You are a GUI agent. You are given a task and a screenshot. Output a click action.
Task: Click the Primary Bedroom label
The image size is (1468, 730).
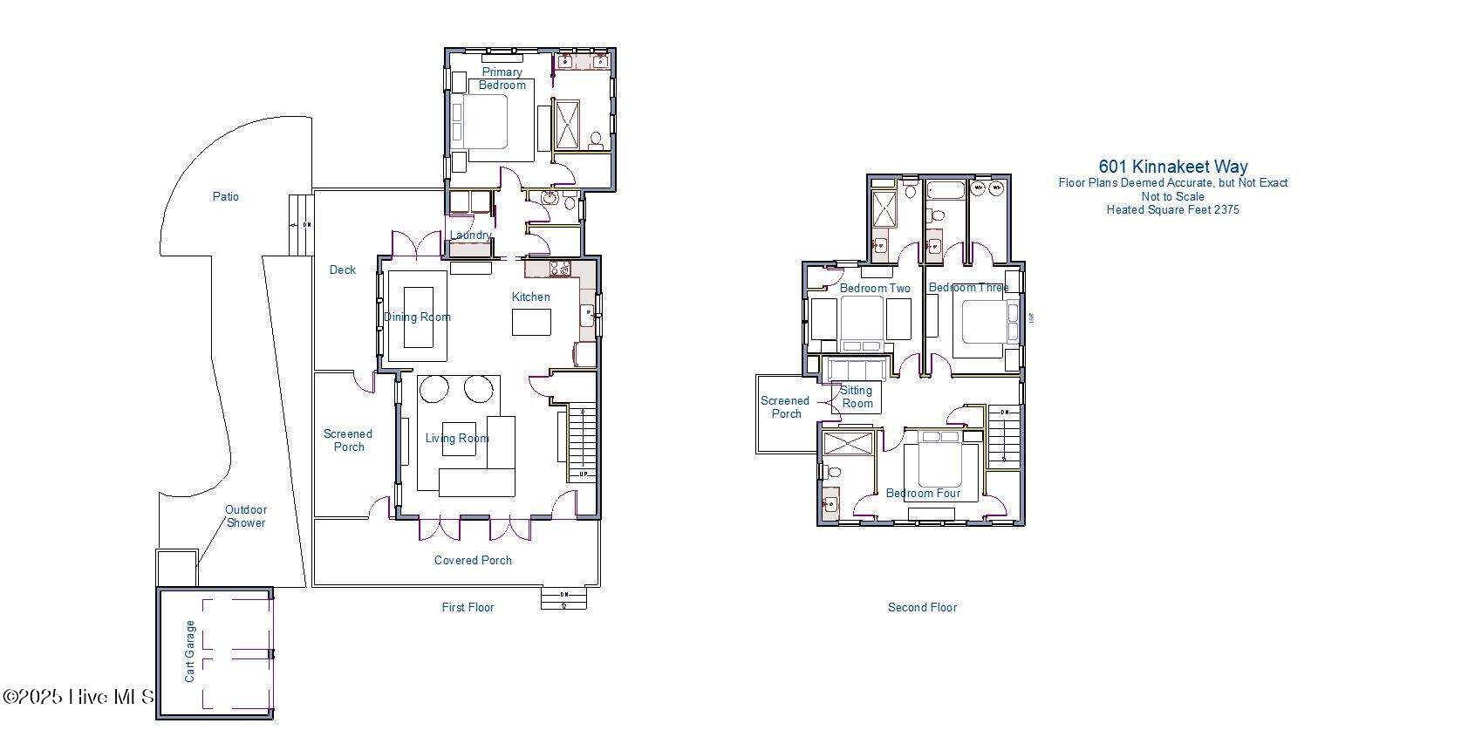[502, 78]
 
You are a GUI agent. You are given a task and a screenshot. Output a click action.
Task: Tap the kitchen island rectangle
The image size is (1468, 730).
[531, 323]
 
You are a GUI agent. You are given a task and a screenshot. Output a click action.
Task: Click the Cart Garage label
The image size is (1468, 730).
[190, 652]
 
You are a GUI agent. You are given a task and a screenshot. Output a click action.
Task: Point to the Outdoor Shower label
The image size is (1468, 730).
[246, 516]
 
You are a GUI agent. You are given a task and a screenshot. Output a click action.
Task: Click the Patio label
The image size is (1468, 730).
[226, 197]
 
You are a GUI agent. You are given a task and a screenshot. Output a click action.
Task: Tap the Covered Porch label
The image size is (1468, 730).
[473, 560]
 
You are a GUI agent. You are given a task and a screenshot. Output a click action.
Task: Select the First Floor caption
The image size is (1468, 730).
[468, 607]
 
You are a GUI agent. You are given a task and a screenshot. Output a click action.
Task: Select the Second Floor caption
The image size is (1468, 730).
[922, 607]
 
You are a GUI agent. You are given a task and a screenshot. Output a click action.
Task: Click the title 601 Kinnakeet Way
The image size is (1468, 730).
[1172, 166]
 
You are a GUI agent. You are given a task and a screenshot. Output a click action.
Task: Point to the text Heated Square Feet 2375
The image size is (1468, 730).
[1172, 209]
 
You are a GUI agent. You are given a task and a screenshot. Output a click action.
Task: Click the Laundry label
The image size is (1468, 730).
[469, 235]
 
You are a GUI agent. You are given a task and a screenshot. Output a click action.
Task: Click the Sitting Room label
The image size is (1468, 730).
[857, 397]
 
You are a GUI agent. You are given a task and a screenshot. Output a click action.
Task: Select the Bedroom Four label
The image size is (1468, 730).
[923, 494]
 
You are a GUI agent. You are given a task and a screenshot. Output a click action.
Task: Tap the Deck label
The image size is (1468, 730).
[343, 270]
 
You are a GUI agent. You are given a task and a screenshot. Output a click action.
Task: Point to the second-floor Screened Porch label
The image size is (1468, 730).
[785, 407]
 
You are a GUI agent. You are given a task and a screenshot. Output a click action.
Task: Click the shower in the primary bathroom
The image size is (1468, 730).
[567, 127]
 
